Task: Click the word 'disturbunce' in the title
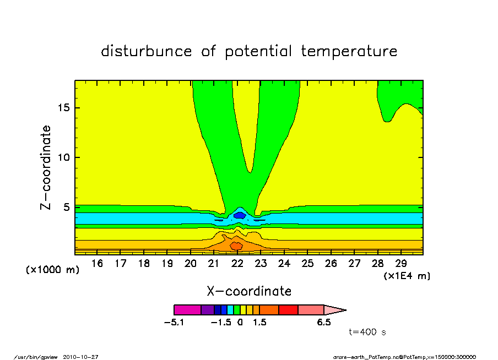click(x=147, y=51)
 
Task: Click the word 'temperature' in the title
click(x=349, y=51)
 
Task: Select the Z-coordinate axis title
click(x=46, y=167)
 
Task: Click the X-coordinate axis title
click(x=249, y=291)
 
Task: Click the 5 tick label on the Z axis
click(x=67, y=208)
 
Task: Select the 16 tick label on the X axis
click(x=97, y=264)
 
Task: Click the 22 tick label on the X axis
click(x=237, y=264)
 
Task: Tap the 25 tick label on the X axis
click(x=307, y=264)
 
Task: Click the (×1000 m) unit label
click(x=53, y=270)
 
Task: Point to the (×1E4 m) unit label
click(x=407, y=276)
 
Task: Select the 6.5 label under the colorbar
click(x=324, y=323)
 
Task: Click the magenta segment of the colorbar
click(x=187, y=310)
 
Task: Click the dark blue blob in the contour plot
click(x=239, y=215)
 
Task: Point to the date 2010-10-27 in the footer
click(x=85, y=356)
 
